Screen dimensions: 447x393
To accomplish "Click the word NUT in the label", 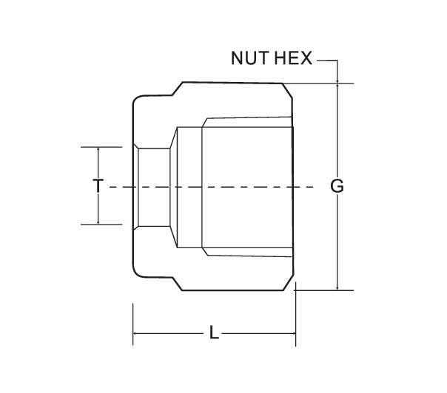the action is click(249, 58).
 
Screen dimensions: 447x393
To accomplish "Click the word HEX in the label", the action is click(294, 58).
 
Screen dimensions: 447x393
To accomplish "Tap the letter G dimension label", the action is click(337, 186).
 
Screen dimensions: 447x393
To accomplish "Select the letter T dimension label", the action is click(98, 186).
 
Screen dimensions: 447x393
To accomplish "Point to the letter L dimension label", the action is click(214, 332).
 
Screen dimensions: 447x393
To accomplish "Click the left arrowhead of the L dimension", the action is click(135, 333).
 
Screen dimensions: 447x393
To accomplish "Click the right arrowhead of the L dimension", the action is click(293, 333).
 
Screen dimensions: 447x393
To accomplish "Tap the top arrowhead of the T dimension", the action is click(98, 150).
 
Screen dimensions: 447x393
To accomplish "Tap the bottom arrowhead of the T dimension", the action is click(98, 222).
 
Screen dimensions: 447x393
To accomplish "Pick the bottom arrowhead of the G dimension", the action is click(337, 287).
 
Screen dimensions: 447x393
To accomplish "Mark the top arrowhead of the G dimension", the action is click(337, 86).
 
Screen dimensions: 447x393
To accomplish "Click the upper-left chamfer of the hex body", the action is click(178, 89).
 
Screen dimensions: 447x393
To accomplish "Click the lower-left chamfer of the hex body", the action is click(178, 284).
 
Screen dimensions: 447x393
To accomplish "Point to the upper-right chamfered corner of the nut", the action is click(287, 91).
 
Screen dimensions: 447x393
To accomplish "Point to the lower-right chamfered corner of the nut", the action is click(288, 283).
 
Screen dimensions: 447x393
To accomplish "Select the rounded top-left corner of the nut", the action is click(135, 98).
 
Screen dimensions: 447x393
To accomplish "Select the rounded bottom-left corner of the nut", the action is click(135, 274).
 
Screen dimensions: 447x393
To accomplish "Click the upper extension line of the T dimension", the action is click(101, 147).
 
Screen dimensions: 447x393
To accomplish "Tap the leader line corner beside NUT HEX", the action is click(337, 61).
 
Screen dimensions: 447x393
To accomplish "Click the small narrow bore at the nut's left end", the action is click(154, 187).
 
